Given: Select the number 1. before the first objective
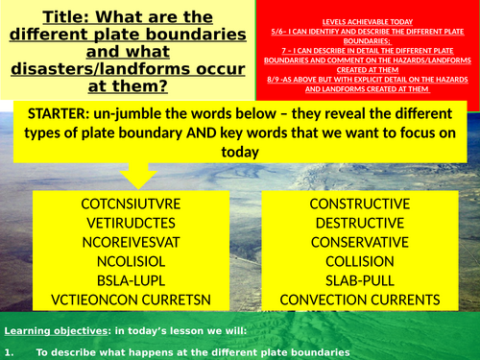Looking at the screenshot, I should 9,353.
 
